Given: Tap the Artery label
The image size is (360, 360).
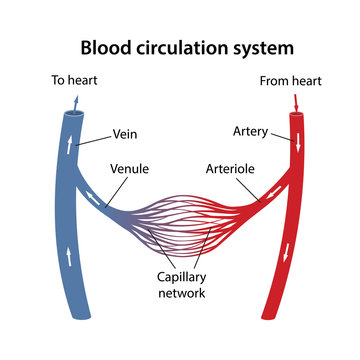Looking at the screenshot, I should (250, 131).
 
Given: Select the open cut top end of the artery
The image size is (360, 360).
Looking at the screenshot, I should (298, 114).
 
